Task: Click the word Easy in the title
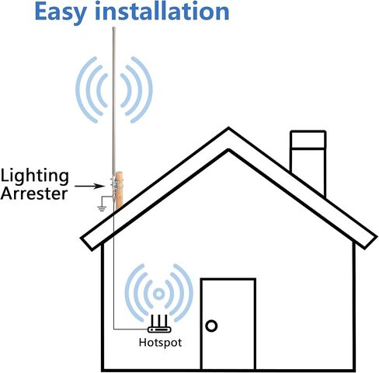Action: pos(61,12)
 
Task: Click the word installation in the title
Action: pos(162,11)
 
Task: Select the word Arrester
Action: pos(34,193)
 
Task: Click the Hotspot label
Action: pos(160,343)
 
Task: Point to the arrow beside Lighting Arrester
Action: pos(89,186)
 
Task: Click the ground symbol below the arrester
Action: pos(102,208)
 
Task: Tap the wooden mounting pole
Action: pos(120,190)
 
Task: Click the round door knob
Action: pos(211,326)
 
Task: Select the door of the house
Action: pos(228,324)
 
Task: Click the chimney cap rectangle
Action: pos(308,140)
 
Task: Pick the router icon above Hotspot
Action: pos(159,324)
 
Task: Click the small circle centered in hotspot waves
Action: pos(158,294)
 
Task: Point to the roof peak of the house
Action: pos(228,127)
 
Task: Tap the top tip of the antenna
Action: pos(113,27)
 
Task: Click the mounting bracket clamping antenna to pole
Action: pos(114,183)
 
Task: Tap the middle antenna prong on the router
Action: pos(159,321)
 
